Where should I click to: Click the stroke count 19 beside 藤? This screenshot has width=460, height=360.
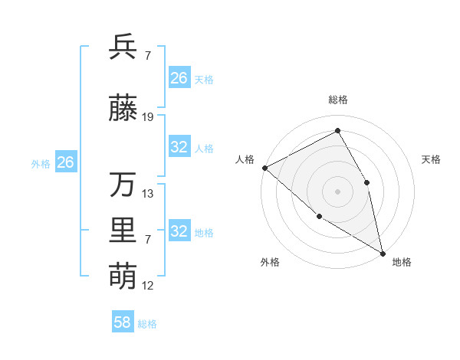tap(148, 117)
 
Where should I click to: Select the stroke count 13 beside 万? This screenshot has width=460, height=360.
tap(148, 194)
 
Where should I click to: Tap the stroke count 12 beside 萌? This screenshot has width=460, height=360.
tap(148, 286)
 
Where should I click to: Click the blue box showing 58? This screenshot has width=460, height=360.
tap(123, 322)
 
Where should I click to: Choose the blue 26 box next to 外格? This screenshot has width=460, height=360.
tap(65, 162)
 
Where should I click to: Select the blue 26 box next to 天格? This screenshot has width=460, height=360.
tap(179, 78)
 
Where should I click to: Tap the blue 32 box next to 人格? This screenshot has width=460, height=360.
tap(179, 147)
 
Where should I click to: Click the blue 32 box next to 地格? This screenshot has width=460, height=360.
tap(179, 231)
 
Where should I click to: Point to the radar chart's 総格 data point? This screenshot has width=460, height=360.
tap(337, 131)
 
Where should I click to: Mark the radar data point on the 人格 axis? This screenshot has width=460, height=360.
tap(264, 168)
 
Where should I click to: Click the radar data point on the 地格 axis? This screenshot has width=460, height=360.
tap(382, 252)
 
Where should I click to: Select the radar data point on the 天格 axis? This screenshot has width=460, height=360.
tap(367, 182)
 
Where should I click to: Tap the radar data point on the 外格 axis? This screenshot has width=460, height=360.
tap(320, 216)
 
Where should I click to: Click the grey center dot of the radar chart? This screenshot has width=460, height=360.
tap(337, 191)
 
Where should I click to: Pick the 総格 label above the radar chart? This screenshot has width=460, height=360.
tap(337, 100)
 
